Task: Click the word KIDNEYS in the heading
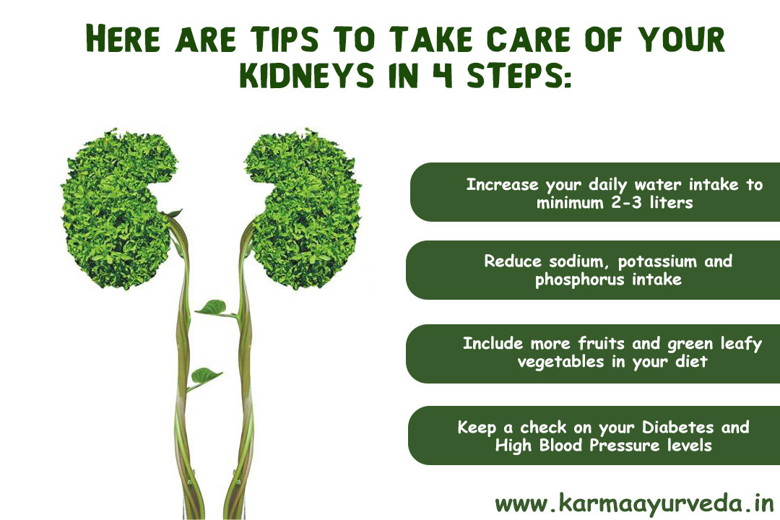[306, 75]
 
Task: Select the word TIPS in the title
[284, 38]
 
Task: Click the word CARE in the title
[528, 38]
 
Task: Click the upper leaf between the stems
[213, 308]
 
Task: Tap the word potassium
[657, 262]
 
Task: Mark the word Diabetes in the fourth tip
[677, 427]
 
